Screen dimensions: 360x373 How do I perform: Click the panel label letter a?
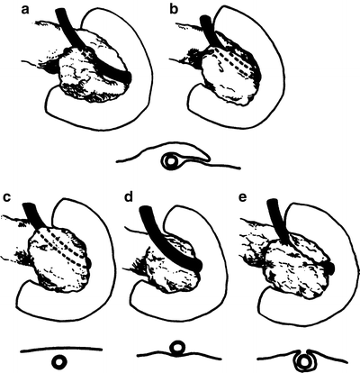pos(25,10)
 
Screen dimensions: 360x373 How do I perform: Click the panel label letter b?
pos(174,9)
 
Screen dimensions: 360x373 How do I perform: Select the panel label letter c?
pos(6,197)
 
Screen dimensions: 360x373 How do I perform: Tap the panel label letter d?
pos(129,197)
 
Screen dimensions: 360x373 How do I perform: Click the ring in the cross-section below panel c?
pos(59,361)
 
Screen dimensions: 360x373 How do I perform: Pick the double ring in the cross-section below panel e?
pos(304,360)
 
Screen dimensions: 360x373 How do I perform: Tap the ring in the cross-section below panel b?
pos(171,160)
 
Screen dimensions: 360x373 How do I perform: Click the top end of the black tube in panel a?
pos(60,11)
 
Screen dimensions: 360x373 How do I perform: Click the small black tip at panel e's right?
pos(330,268)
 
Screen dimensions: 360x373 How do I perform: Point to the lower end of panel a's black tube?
pos(128,77)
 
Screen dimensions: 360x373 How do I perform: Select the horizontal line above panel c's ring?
pos(61,349)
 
